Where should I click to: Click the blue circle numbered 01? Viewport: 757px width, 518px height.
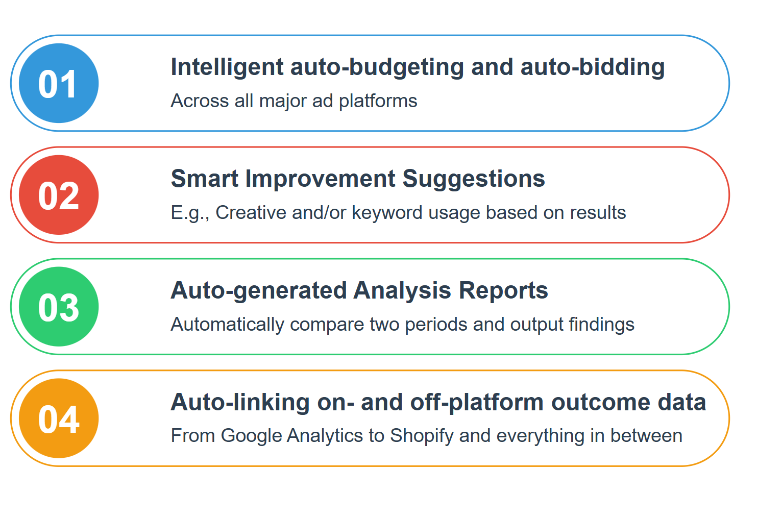click(x=59, y=83)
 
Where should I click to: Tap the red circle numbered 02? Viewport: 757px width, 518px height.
click(x=59, y=195)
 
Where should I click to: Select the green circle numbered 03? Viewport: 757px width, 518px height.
click(x=59, y=307)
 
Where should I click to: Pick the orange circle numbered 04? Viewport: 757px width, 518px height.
click(x=59, y=418)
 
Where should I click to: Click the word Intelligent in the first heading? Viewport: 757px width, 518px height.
click(x=227, y=67)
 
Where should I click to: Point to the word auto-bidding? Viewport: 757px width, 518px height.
click(x=593, y=67)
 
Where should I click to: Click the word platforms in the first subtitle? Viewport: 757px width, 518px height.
click(x=378, y=102)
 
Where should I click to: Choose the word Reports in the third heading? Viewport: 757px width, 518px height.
click(x=503, y=291)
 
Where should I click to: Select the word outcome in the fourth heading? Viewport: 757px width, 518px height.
click(x=601, y=403)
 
